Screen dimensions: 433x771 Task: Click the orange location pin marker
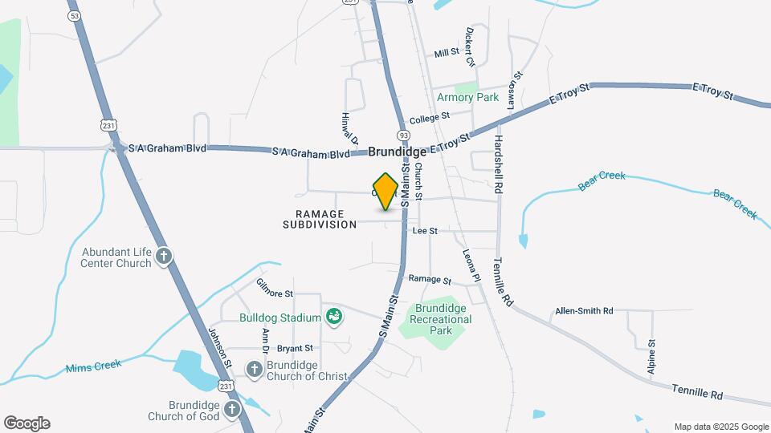click(x=386, y=191)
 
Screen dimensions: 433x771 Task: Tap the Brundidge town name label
click(x=398, y=152)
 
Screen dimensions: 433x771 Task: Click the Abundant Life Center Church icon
click(x=164, y=257)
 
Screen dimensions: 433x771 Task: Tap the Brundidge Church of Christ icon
click(x=254, y=370)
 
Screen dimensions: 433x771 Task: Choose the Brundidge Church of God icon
click(x=232, y=410)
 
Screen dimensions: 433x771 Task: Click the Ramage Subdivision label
click(x=320, y=220)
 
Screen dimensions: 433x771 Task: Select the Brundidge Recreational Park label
click(x=440, y=319)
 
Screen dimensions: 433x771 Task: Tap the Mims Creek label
click(x=94, y=366)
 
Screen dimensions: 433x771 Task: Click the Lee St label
click(x=424, y=231)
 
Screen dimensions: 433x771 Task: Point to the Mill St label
click(x=446, y=53)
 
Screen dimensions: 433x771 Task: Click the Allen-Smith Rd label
click(x=584, y=310)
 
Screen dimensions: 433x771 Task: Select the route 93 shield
click(x=402, y=136)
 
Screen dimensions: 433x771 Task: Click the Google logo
click(x=27, y=423)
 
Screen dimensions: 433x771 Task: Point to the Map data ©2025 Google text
click(x=721, y=427)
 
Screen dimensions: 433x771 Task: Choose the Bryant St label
click(x=295, y=348)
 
